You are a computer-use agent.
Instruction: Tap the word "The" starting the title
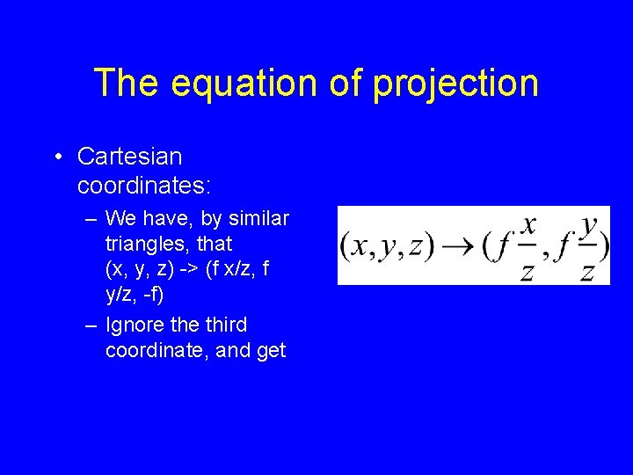[x=127, y=84]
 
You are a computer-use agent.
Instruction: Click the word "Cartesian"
[x=129, y=157]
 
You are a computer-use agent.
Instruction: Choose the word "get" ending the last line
[x=270, y=351]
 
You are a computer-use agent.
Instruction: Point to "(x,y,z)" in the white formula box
[x=387, y=246]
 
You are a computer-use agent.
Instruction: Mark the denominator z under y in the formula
[x=587, y=272]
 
